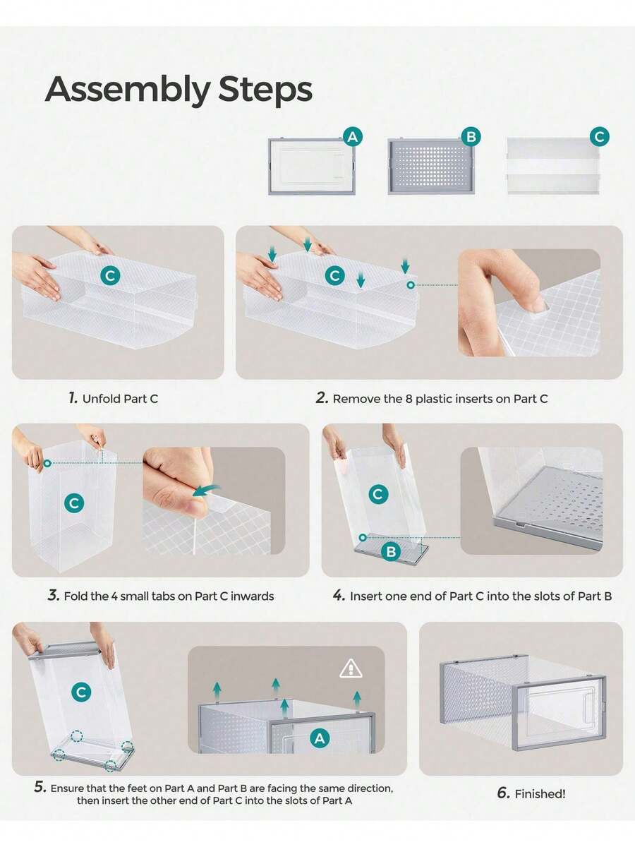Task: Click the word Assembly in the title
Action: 127,90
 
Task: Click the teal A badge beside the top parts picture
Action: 353,137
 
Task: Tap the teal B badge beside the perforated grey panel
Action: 471,137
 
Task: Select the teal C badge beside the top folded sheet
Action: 600,137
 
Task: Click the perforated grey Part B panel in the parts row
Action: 431,166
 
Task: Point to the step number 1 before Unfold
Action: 73,398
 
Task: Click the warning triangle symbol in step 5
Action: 351,668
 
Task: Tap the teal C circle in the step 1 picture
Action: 110,275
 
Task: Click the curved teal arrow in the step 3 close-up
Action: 206,491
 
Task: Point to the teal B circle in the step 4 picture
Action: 391,551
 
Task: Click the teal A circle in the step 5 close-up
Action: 320,738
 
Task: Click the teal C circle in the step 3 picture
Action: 74,503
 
